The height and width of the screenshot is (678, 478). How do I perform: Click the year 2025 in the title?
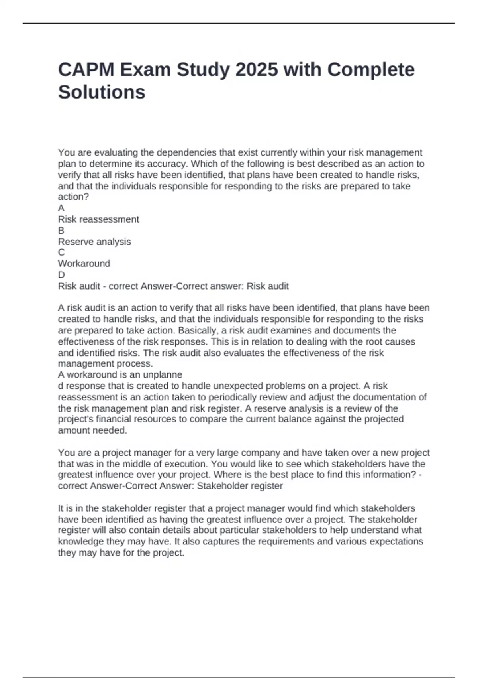pyautogui.click(x=257, y=70)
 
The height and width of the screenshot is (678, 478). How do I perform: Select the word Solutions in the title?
pyautogui.click(x=102, y=92)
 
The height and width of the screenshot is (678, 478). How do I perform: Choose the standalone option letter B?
pyautogui.click(x=61, y=231)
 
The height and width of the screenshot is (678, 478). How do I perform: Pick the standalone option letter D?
pyautogui.click(x=61, y=275)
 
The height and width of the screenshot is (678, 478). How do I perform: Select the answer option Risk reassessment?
pyautogui.click(x=98, y=219)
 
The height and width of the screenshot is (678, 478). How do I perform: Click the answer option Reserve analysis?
pyautogui.click(x=94, y=242)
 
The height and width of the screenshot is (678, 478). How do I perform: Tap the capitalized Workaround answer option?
pyautogui.click(x=84, y=264)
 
